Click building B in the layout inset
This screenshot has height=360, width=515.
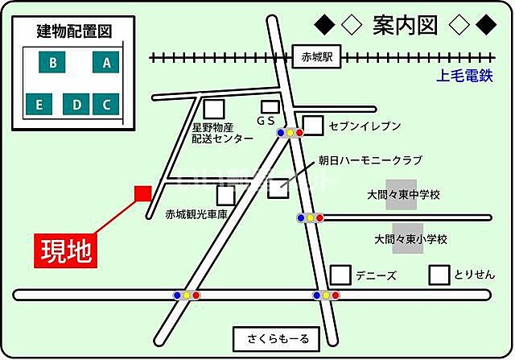tap(52, 62)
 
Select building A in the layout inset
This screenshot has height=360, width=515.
tap(106, 62)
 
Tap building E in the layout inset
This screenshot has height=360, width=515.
tap(37, 104)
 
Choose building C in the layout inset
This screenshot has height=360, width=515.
tap(106, 104)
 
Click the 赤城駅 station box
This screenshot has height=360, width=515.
tap(317, 56)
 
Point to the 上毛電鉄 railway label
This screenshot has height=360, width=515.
tap(463, 77)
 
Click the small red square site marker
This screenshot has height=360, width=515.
tap(142, 193)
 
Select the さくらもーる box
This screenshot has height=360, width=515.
tap(276, 337)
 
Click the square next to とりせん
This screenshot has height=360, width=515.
tap(439, 275)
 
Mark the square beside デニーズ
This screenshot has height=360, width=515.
tap(341, 275)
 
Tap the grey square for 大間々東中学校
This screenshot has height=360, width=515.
tap(401, 195)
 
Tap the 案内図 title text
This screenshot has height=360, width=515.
tap(405, 26)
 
